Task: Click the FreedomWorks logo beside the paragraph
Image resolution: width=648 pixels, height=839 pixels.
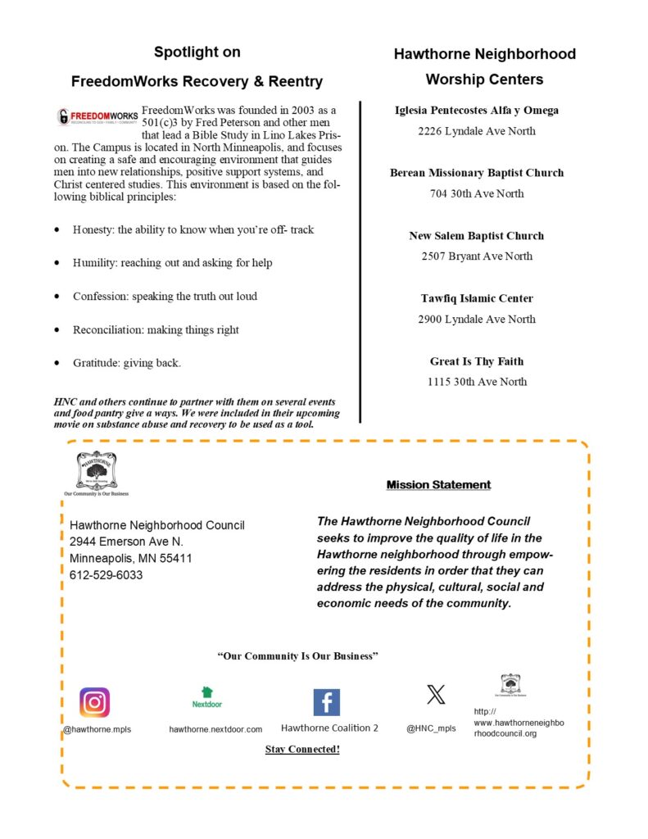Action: (x=97, y=117)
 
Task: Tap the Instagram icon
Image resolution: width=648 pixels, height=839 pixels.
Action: (x=94, y=702)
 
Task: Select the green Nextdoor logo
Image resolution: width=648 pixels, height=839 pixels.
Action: (x=207, y=697)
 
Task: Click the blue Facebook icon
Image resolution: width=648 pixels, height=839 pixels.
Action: (x=326, y=702)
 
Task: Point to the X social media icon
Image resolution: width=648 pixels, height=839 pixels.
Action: (x=436, y=696)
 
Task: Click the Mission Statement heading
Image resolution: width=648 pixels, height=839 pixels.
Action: (x=438, y=485)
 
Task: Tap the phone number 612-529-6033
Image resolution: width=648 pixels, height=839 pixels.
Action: (x=106, y=575)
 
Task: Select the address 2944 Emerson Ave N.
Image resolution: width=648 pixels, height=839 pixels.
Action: (x=126, y=542)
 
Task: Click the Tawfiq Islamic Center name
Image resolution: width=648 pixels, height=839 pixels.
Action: (x=477, y=298)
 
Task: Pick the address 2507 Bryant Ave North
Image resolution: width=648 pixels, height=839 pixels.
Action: (x=477, y=256)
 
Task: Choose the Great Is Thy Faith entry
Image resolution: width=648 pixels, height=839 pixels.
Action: (x=477, y=361)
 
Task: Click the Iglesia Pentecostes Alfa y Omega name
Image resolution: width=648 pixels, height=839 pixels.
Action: (x=477, y=110)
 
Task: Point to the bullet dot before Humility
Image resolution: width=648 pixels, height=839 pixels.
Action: (x=57, y=263)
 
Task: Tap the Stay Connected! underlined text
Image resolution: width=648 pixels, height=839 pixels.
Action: (x=302, y=749)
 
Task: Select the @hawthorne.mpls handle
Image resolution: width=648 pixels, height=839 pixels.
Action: (x=97, y=728)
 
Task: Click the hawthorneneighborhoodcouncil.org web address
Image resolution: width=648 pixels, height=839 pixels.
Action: (x=519, y=723)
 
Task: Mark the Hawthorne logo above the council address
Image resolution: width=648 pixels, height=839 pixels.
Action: (x=97, y=472)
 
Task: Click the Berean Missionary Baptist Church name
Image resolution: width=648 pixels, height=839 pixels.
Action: (x=477, y=173)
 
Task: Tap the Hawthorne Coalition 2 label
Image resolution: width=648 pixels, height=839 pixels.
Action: (x=329, y=728)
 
